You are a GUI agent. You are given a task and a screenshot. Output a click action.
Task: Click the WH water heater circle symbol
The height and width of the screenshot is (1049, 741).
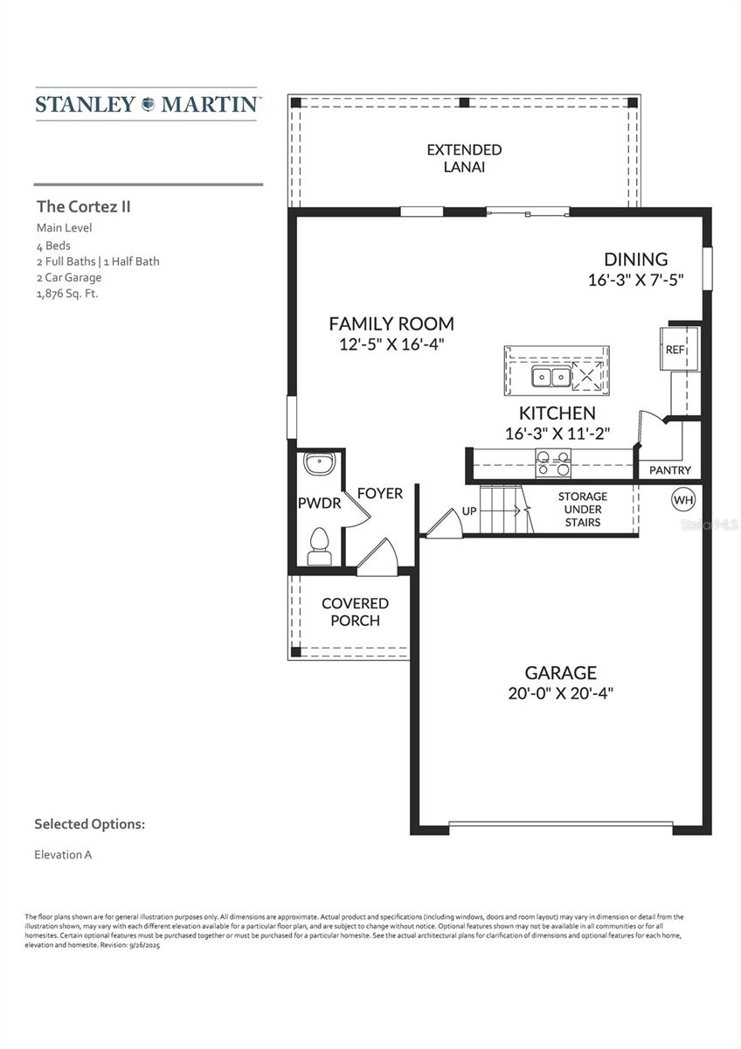click(x=683, y=500)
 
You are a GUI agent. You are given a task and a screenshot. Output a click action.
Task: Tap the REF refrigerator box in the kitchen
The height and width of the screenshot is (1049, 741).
click(x=675, y=350)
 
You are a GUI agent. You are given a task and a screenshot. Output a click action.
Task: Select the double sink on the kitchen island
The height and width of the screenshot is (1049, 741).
click(x=551, y=377)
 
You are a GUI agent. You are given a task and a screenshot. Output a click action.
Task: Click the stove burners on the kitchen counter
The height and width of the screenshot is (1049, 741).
click(x=552, y=462)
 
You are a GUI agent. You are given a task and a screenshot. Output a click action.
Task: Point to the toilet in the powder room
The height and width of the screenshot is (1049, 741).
click(x=319, y=546)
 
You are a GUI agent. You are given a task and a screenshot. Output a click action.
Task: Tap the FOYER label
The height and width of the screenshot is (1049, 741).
click(x=380, y=494)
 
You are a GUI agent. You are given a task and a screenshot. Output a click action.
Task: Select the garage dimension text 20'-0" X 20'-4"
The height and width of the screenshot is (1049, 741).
click(x=560, y=693)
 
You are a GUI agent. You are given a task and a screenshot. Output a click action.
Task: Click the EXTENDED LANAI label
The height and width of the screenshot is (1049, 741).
click(x=464, y=158)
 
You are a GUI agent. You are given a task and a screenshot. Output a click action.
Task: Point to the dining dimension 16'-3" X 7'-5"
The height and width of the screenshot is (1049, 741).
click(x=635, y=280)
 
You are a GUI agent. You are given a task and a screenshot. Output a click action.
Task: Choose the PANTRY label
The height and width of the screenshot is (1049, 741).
click(x=670, y=470)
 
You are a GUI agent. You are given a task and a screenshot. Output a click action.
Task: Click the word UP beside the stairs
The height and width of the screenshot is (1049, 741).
click(x=469, y=511)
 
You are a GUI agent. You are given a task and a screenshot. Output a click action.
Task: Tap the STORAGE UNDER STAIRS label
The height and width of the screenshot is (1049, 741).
click(x=583, y=509)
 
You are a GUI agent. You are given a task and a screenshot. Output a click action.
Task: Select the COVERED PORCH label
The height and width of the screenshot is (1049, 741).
click(x=355, y=612)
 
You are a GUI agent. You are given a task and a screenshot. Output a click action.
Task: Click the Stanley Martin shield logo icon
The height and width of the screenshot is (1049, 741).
click(x=147, y=104)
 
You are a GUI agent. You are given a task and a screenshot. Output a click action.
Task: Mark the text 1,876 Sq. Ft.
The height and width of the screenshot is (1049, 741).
click(x=67, y=294)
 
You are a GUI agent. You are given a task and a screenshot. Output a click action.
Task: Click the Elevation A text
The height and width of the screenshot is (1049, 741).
click(x=63, y=854)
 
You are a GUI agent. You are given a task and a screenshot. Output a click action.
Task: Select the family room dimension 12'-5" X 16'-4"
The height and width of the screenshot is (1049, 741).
click(x=391, y=344)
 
